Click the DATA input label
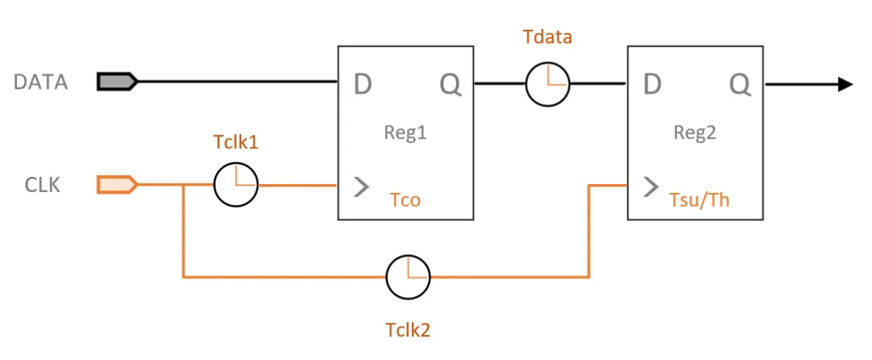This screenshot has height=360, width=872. (40, 82)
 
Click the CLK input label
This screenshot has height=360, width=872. (42, 185)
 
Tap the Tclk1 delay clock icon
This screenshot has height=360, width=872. (236, 185)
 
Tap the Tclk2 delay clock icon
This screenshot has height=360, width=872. (408, 278)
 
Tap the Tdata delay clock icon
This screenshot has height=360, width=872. (547, 83)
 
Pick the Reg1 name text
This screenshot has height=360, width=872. (405, 132)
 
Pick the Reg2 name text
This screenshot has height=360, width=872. (695, 132)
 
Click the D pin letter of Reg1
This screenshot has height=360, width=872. (363, 83)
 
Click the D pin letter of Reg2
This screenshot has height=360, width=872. (652, 83)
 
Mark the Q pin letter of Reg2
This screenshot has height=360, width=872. (740, 83)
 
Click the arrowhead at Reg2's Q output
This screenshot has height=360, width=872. (845, 83)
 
